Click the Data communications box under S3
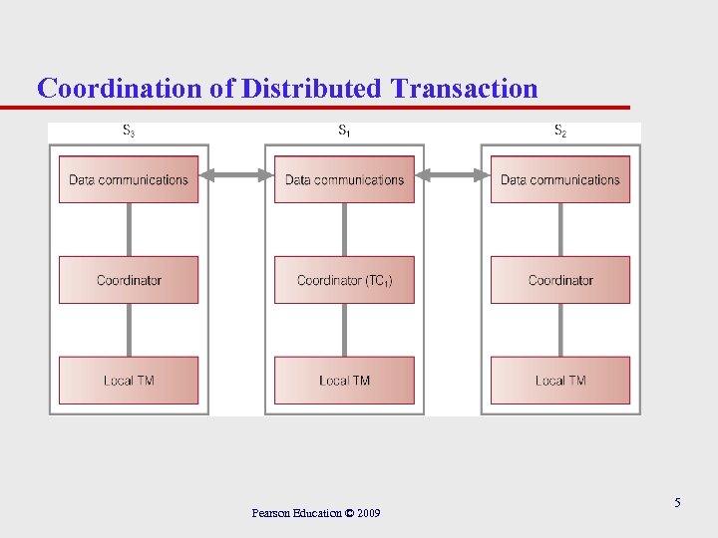pos(128,179)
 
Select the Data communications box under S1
pos(344,179)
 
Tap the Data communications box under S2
pos(559,179)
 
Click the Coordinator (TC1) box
pos(344,280)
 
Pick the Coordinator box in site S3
pos(128,280)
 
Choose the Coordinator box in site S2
pos(559,280)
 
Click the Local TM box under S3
pos(128,380)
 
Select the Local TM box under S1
pos(344,380)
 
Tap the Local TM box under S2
pos(559,380)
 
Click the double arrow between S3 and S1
pos(236,175)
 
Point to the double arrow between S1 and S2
pos(452,175)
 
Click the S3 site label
pos(129,131)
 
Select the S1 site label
pos(344,131)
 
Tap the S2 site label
pos(560,131)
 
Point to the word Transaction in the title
pos(464,89)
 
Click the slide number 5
pos(677,503)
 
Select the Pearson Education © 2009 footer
pos(316,513)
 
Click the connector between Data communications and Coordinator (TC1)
pos(344,229)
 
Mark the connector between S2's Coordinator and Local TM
pos(559,330)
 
